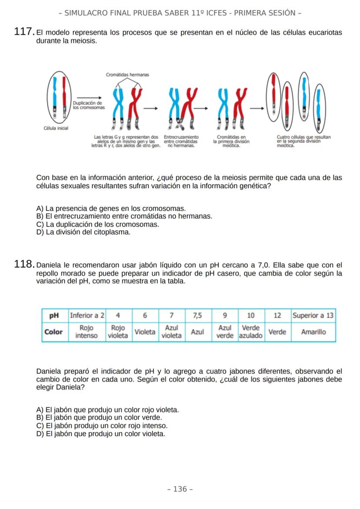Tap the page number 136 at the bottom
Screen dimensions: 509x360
click(180, 489)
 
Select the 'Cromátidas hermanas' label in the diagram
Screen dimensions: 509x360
click(127, 75)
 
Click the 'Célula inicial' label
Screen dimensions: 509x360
click(57, 128)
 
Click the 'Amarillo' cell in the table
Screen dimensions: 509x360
click(313, 332)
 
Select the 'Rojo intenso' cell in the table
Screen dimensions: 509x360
click(87, 332)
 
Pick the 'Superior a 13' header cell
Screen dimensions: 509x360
click(313, 315)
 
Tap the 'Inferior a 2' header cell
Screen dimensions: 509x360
click(87, 315)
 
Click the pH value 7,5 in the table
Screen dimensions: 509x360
click(197, 315)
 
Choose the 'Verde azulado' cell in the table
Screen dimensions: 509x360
click(251, 332)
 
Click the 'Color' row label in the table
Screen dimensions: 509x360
click(54, 332)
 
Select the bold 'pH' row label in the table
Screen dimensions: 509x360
click(54, 315)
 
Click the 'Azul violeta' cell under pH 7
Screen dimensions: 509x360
click(171, 332)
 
